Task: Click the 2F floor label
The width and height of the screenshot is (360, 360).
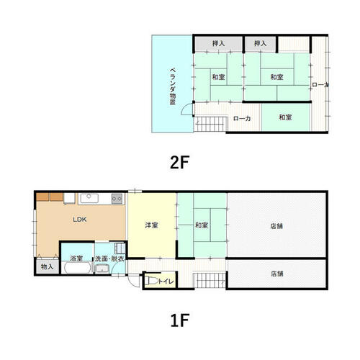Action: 179,162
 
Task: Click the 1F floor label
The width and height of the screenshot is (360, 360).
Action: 179,320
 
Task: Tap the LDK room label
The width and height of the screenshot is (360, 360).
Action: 80,220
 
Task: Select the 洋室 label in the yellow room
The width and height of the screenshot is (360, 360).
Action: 152,225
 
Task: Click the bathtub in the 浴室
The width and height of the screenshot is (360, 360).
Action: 77,268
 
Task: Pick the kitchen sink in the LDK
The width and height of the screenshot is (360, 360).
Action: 89,199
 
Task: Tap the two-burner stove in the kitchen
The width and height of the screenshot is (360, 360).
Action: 117,199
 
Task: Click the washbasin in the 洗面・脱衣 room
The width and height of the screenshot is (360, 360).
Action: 102,269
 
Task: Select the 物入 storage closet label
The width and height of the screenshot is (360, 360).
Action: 47,266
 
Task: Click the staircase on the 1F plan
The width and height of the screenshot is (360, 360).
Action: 210,280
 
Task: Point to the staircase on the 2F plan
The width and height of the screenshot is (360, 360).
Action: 210,124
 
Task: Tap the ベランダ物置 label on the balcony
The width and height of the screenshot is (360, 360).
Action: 173,86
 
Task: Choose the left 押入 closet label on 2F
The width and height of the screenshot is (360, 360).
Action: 218,43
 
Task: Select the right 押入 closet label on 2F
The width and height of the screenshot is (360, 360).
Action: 261,43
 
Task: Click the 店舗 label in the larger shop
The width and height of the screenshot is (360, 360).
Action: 276,226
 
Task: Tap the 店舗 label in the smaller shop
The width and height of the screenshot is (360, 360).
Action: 277,274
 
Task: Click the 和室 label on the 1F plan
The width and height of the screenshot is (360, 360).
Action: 202,225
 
